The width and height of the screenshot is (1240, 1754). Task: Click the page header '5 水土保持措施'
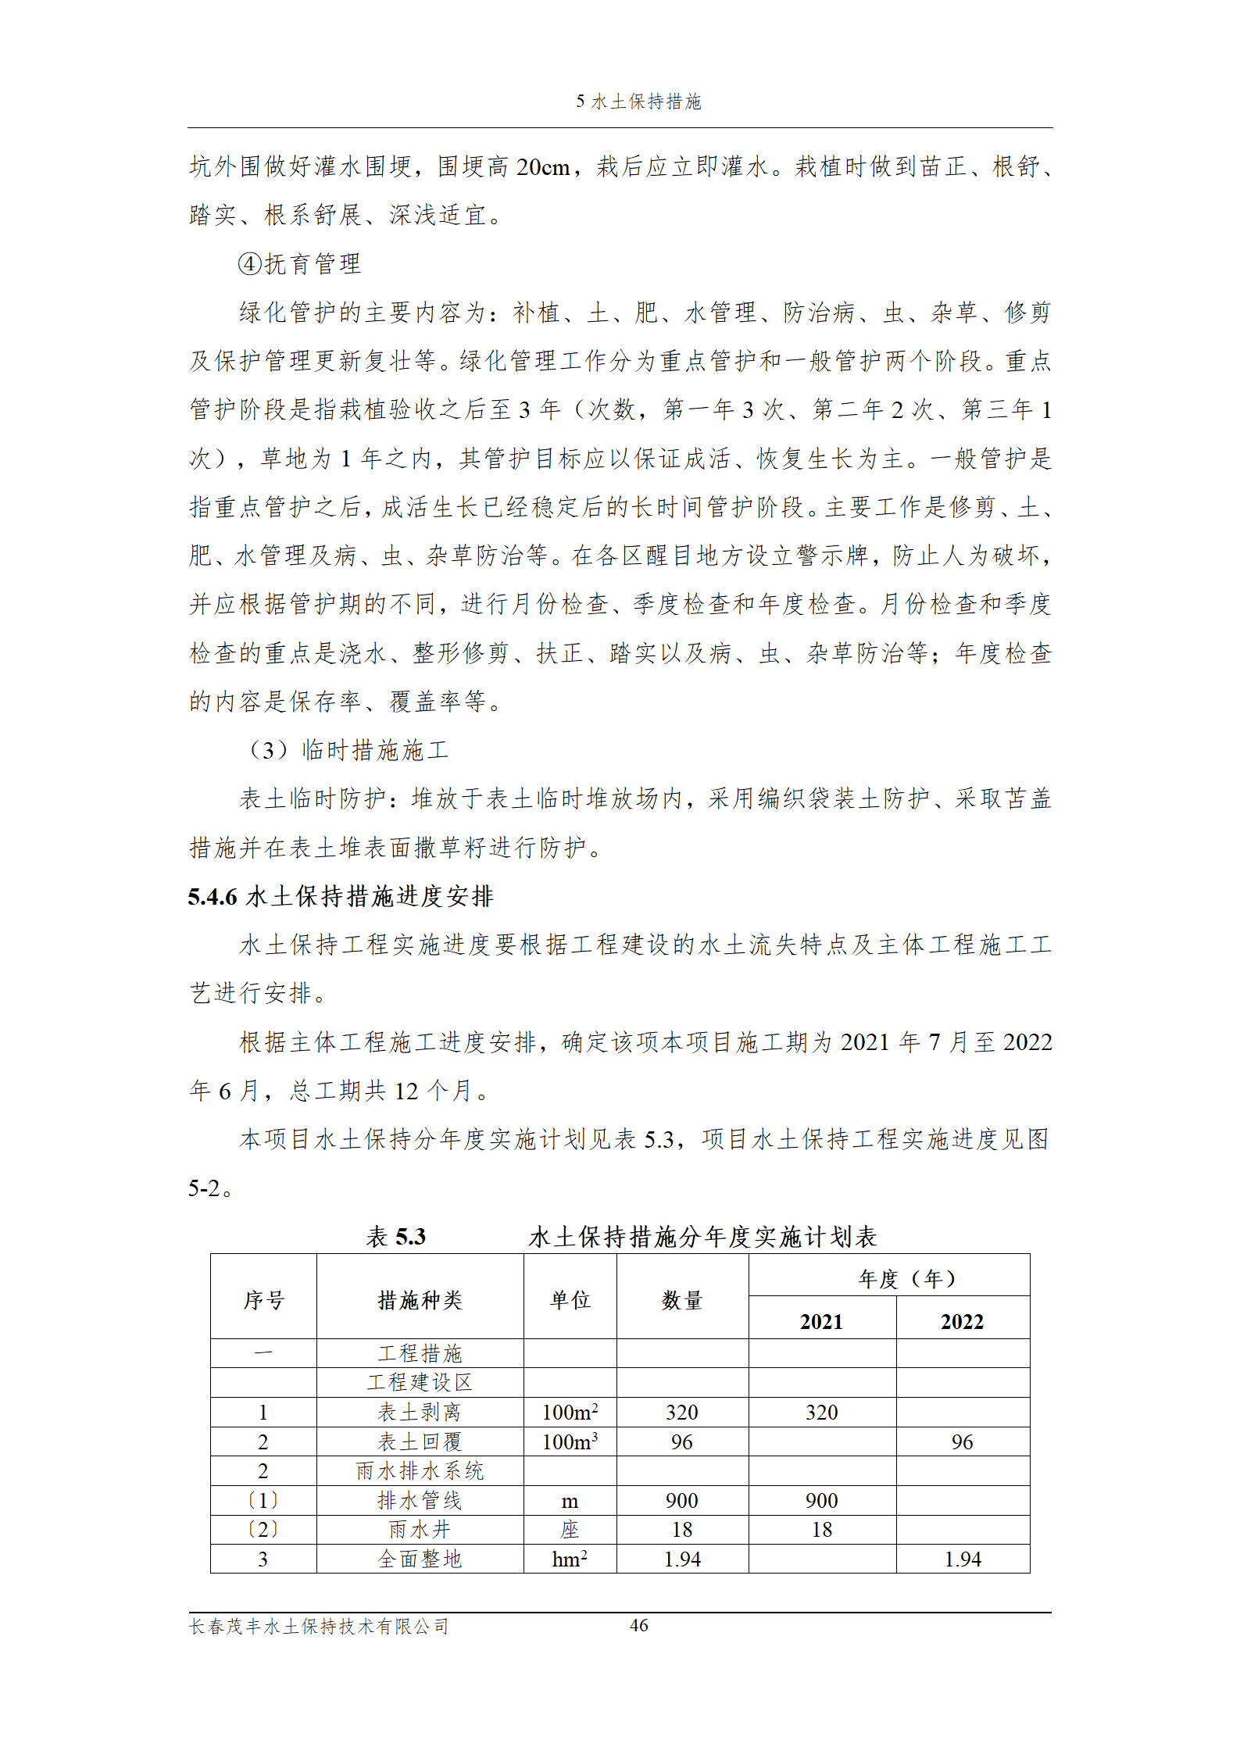pos(638,102)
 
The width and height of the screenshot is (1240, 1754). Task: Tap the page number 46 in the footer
pos(638,1626)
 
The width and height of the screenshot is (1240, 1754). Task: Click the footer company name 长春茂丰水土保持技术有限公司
pos(319,1627)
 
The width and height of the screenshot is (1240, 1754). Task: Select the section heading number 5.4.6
pos(212,897)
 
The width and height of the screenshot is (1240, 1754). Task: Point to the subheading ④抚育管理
pos(299,264)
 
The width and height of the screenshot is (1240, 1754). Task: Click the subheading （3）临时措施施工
pos(348,751)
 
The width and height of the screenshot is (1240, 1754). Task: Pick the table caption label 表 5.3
pos(396,1237)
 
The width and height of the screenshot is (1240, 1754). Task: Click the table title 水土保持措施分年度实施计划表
pos(702,1237)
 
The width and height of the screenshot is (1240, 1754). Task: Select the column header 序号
pos(263,1300)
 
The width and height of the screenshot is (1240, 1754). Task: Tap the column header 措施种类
pos(420,1300)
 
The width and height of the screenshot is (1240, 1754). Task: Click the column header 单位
pos(570,1300)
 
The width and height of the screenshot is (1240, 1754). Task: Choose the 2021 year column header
pos(821,1322)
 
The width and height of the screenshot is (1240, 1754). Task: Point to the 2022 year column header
pos(962,1322)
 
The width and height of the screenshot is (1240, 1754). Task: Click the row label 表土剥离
pos(420,1413)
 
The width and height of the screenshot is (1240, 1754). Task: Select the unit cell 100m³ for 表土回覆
pos(570,1442)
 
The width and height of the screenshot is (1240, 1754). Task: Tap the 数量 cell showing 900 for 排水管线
pos(681,1501)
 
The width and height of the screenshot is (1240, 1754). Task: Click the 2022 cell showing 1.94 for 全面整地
pos(962,1559)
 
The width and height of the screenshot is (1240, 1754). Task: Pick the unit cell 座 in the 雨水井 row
pos(570,1530)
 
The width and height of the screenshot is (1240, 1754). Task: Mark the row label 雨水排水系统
pos(420,1471)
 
